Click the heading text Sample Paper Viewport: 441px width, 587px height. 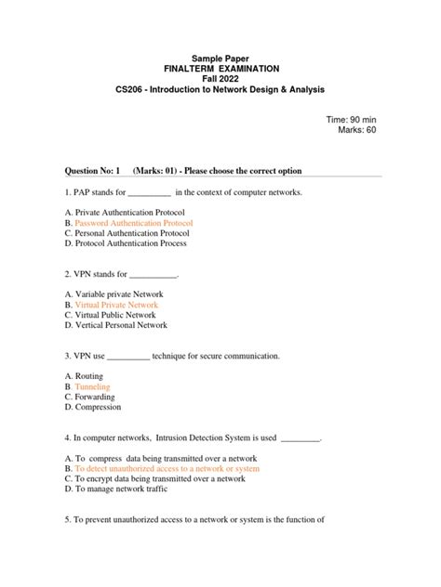[x=220, y=58]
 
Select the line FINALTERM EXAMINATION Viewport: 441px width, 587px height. [x=220, y=69]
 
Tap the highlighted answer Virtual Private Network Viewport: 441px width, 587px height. [x=116, y=306]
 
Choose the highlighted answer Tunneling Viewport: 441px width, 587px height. [x=92, y=387]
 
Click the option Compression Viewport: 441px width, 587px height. [x=98, y=408]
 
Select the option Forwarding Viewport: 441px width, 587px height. [x=97, y=398]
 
